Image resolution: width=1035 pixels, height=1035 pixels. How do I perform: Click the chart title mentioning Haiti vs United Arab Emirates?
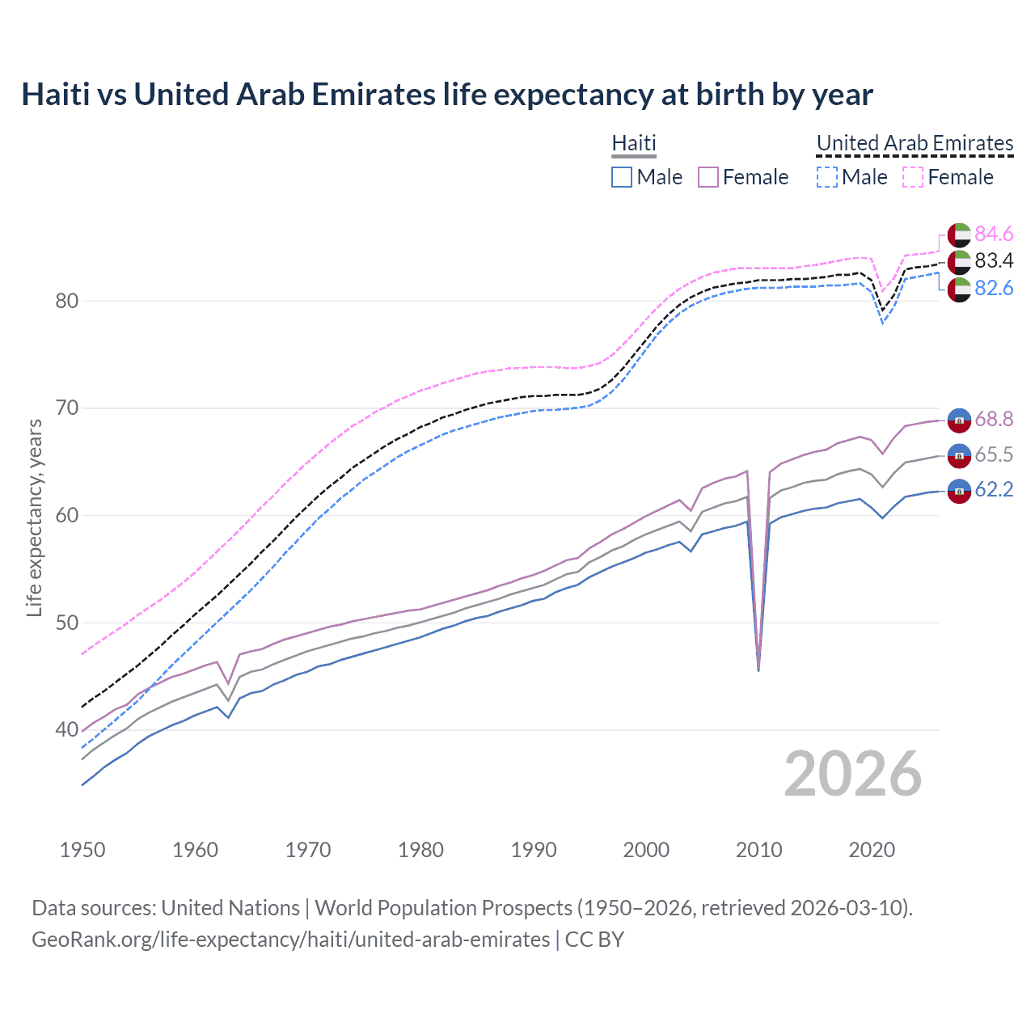(x=446, y=95)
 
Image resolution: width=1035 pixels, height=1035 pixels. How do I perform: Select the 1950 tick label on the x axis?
(x=82, y=850)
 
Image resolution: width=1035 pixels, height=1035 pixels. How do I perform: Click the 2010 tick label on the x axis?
(x=759, y=850)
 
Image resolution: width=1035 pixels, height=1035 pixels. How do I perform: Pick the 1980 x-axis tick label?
(x=420, y=850)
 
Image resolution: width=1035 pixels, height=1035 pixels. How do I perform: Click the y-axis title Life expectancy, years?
(x=34, y=517)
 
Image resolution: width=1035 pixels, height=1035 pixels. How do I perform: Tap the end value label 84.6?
(x=994, y=234)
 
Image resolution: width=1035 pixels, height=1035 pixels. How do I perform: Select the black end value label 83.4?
(x=994, y=261)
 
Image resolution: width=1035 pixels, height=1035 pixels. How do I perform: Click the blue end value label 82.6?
(x=994, y=289)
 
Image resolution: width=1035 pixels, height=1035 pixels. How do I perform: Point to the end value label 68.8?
(x=994, y=419)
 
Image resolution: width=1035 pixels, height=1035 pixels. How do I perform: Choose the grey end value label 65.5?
(x=994, y=455)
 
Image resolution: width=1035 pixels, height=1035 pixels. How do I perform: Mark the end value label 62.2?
(x=994, y=490)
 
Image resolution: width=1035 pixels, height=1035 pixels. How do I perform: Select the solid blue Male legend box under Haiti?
(x=621, y=177)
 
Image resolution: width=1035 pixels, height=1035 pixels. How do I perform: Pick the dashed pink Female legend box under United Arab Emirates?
(x=912, y=177)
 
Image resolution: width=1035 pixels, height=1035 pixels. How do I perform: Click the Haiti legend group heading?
(x=634, y=143)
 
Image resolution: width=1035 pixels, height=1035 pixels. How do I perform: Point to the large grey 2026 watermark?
(x=852, y=774)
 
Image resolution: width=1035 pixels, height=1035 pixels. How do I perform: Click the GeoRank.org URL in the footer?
(x=290, y=940)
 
